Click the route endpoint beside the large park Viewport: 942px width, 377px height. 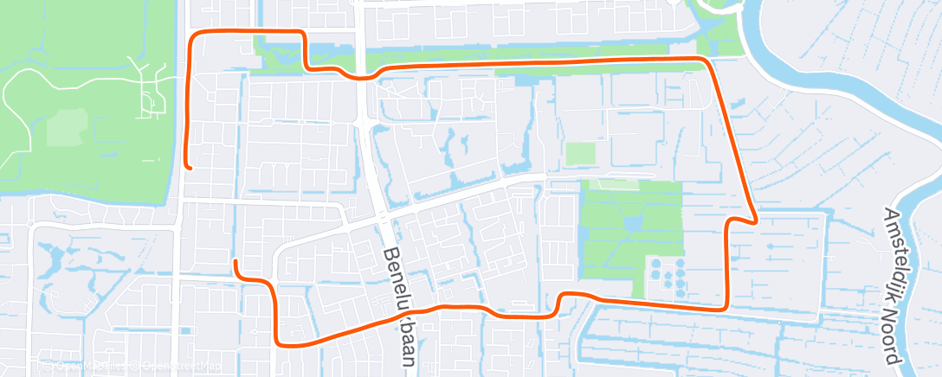189,167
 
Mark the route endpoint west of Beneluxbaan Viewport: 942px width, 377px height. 235,261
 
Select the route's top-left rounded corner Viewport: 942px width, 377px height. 194,35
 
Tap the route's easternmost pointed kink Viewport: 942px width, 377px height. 758,220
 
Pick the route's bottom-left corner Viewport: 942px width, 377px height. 277,342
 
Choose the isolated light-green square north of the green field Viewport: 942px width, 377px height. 580,153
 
